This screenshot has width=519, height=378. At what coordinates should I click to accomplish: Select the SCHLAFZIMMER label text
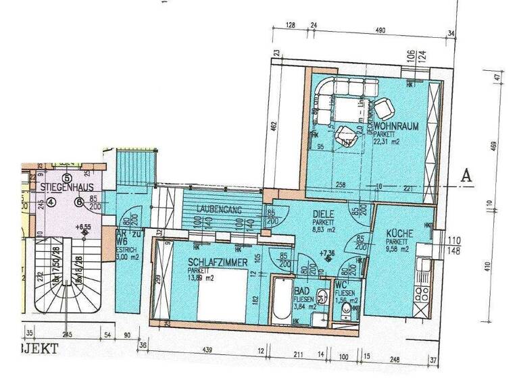[217, 262]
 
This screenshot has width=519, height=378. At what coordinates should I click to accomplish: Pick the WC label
[340, 285]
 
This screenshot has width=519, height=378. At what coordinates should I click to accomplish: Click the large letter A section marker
[465, 175]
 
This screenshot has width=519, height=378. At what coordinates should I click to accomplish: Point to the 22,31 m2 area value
[386, 142]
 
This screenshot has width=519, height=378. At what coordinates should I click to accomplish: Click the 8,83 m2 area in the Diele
[324, 230]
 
